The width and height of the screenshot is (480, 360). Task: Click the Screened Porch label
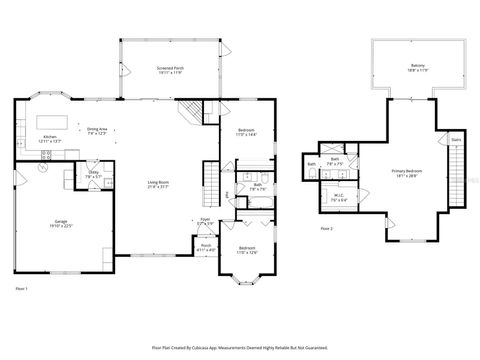point(169,71)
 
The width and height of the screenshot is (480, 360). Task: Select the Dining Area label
point(97,131)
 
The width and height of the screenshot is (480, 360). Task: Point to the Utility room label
point(93,174)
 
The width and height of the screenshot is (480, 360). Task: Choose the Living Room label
point(157,184)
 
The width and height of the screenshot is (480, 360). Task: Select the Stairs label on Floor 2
point(456,140)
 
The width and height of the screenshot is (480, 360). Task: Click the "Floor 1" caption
point(22,288)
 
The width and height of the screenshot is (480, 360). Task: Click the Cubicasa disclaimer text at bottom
point(240,347)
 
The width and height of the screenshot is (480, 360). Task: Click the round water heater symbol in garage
point(42,168)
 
